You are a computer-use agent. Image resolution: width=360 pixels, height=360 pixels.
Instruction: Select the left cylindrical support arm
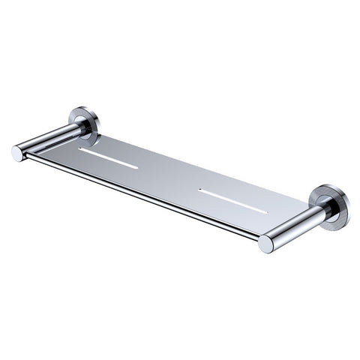(49, 140)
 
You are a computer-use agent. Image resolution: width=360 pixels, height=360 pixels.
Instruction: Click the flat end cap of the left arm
(17, 153)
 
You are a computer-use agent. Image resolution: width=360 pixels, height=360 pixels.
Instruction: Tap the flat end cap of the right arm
(265, 244)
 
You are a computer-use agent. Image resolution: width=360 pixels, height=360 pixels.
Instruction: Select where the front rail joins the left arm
(28, 155)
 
